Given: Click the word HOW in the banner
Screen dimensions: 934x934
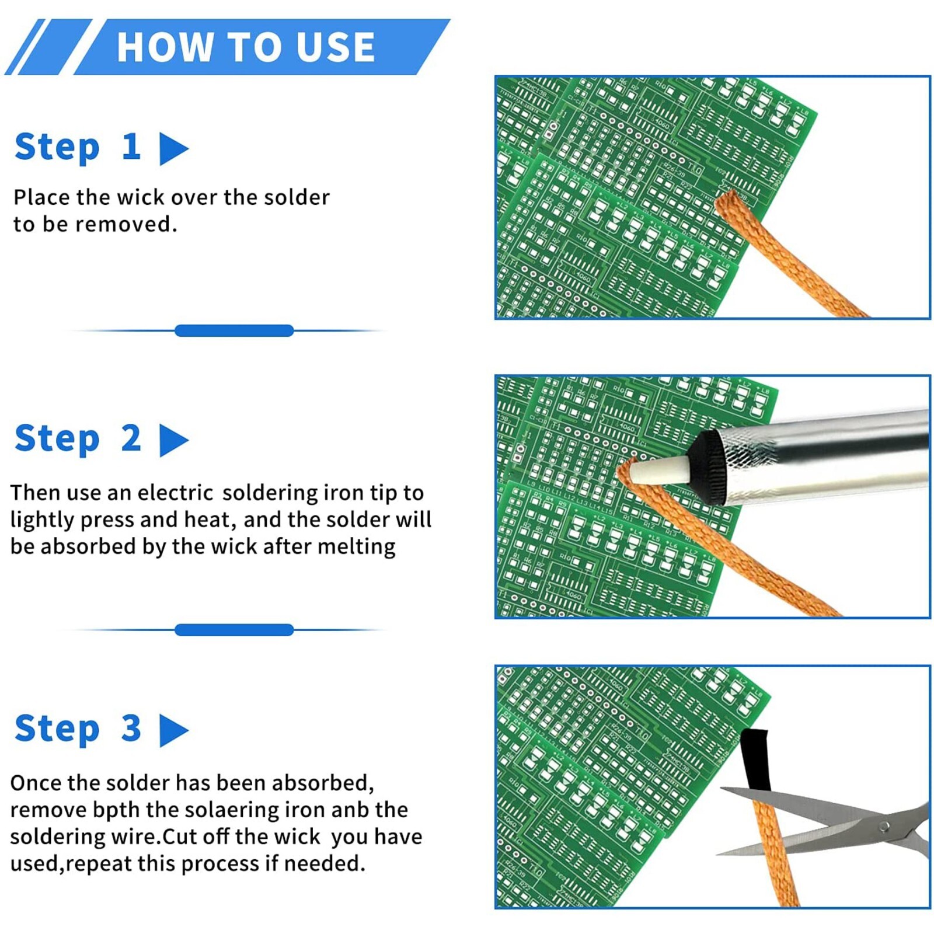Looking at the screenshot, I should point(165,47).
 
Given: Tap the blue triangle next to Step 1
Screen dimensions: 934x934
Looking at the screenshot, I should point(172,149).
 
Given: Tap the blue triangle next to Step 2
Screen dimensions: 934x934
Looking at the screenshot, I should point(172,440).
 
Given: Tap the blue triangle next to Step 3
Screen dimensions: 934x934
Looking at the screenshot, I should point(172,730).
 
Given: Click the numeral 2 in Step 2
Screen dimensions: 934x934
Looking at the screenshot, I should point(131,438).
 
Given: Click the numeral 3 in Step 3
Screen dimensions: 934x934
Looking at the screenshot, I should point(131,728).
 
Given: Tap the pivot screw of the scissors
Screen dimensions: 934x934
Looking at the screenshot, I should point(884,825).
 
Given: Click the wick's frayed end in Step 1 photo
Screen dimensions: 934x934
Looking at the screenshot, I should point(730,201).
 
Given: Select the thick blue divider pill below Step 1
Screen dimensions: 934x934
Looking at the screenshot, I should point(233,330).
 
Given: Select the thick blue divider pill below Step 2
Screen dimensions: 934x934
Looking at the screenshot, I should point(233,629).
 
